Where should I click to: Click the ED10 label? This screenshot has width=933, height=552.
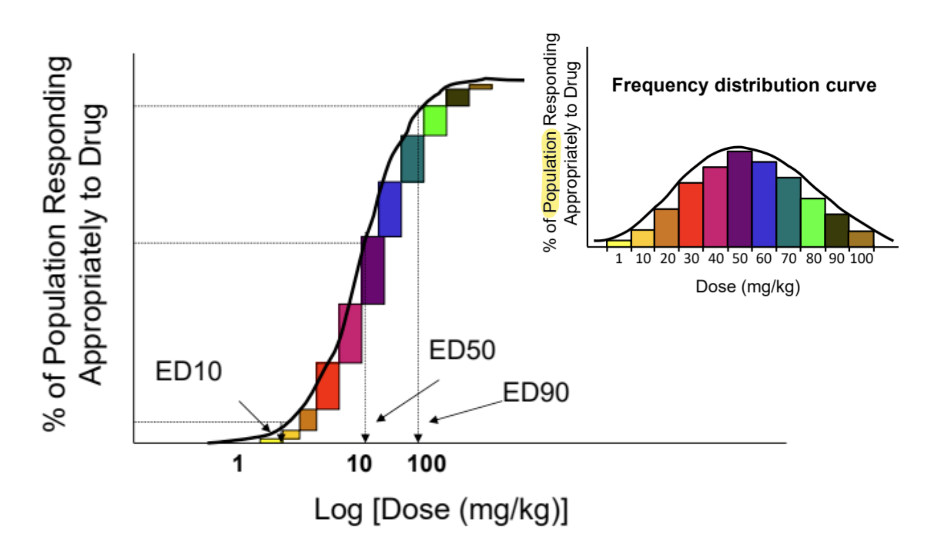tap(188, 372)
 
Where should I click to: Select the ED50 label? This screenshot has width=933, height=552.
tap(462, 350)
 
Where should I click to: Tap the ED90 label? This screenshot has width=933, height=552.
tap(536, 392)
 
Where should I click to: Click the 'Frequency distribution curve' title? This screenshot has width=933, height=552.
tap(744, 85)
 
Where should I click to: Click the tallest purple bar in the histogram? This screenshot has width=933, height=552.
tap(740, 199)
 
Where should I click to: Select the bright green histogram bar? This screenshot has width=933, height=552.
tap(813, 222)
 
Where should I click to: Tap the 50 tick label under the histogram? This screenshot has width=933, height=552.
tap(740, 259)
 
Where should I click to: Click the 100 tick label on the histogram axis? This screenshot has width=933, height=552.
tap(861, 259)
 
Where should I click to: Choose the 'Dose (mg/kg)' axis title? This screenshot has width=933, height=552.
tap(748, 287)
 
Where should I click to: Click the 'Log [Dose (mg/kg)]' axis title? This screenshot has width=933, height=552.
tap(441, 510)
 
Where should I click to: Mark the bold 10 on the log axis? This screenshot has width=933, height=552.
tap(359, 464)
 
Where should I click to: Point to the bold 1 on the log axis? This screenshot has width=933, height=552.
tap(238, 464)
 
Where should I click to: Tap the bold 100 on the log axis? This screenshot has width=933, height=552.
tap(426, 464)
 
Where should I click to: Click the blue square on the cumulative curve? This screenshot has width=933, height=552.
tap(389, 209)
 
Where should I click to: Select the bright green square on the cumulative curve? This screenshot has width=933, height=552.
tap(434, 121)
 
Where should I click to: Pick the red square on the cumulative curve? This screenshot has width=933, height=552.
tap(327, 386)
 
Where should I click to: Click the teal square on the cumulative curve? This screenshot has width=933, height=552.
tap(412, 159)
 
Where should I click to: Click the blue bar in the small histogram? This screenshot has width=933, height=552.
tap(764, 204)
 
